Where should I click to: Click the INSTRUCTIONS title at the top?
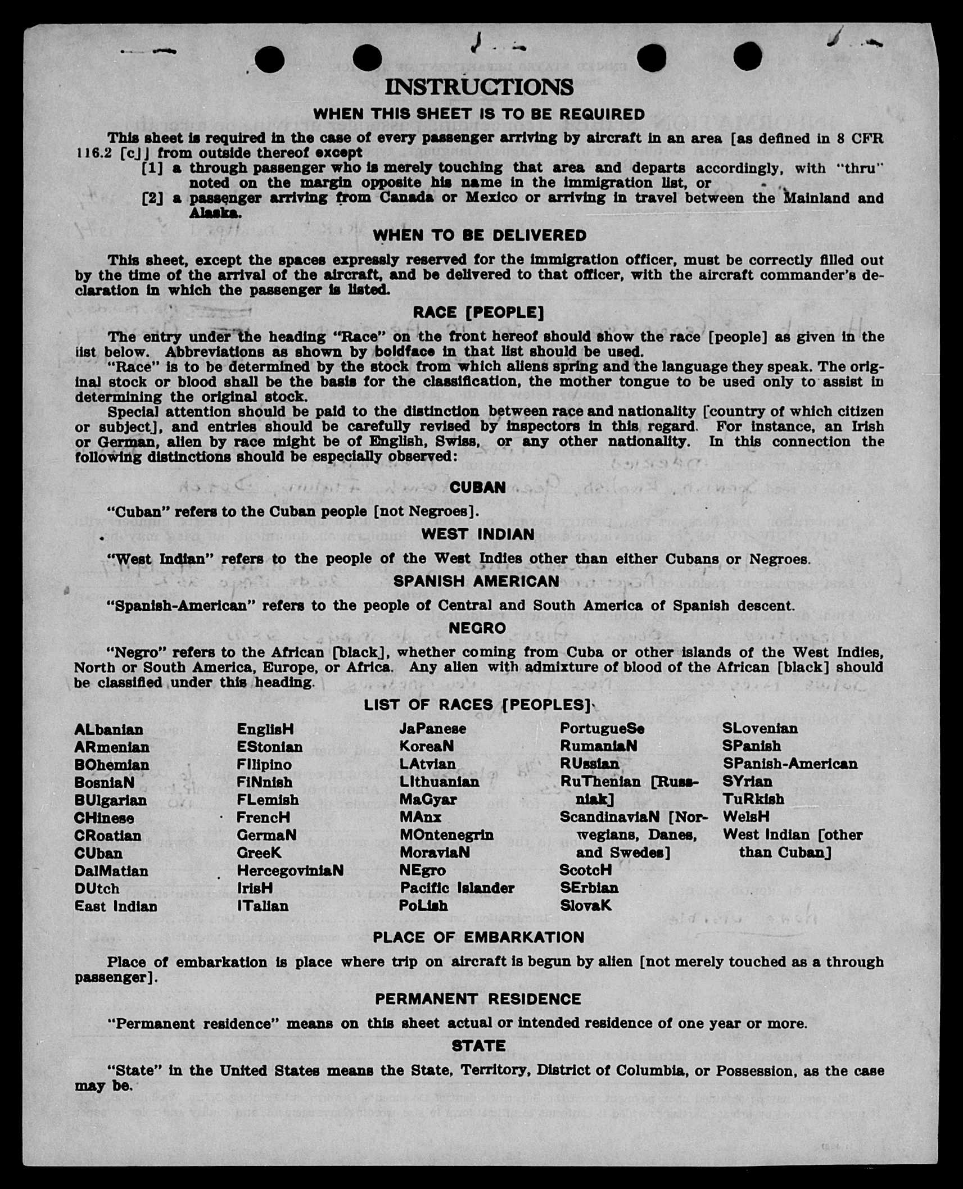479,87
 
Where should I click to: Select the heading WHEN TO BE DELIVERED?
480,235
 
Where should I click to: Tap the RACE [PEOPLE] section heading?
478,312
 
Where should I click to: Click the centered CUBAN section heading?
478,487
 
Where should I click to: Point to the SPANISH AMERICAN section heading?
476,581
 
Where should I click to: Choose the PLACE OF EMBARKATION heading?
478,937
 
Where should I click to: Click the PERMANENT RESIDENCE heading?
478,999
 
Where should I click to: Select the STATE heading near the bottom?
478,1046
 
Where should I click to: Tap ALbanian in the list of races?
108,729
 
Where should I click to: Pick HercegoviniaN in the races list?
290,870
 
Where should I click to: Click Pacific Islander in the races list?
457,888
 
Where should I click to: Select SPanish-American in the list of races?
790,764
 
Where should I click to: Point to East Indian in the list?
116,906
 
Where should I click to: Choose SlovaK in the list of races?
585,905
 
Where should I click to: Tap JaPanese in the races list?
432,729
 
